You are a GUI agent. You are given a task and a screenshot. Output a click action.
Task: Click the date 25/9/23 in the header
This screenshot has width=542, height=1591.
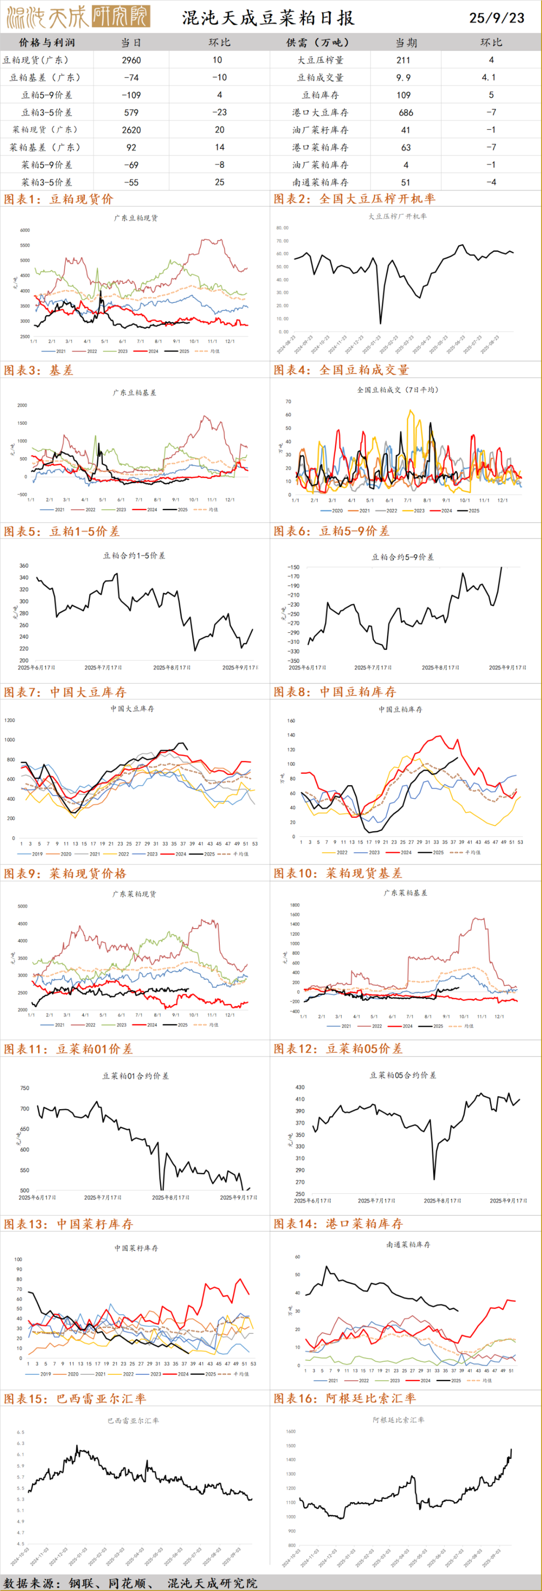(496, 18)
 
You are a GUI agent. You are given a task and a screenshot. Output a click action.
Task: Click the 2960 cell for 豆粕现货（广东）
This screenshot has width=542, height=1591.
(131, 60)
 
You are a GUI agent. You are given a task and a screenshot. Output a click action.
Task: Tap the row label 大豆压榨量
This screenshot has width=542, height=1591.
(320, 60)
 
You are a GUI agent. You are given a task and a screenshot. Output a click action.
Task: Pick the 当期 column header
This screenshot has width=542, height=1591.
(405, 43)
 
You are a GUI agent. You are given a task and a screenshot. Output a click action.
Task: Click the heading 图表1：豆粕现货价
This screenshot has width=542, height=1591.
(59, 199)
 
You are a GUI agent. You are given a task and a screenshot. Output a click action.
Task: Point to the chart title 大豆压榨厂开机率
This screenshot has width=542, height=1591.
(397, 216)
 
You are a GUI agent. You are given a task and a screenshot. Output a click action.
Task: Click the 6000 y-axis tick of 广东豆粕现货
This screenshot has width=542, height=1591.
(25, 230)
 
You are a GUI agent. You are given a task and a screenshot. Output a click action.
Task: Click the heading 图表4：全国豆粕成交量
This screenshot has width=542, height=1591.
(341, 370)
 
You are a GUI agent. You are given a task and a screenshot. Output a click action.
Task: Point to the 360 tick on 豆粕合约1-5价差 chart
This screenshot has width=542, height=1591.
(24, 566)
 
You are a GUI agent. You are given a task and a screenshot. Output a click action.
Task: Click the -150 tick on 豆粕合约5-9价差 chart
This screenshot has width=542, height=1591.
(294, 567)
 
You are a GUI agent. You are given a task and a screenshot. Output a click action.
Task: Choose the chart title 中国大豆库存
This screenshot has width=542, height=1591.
(132, 709)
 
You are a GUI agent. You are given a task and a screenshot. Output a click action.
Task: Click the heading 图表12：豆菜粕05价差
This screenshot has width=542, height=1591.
(338, 1049)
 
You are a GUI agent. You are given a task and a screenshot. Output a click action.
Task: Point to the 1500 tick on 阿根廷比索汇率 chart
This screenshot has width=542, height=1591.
(291, 1446)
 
